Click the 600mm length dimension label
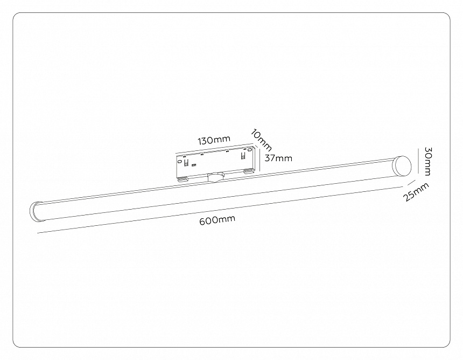tap(218, 220)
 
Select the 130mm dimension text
tap(213, 141)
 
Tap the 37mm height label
tap(278, 158)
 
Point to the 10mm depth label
tap(262, 140)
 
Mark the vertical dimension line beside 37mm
tap(259, 158)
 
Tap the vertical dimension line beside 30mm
tap(418, 161)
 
